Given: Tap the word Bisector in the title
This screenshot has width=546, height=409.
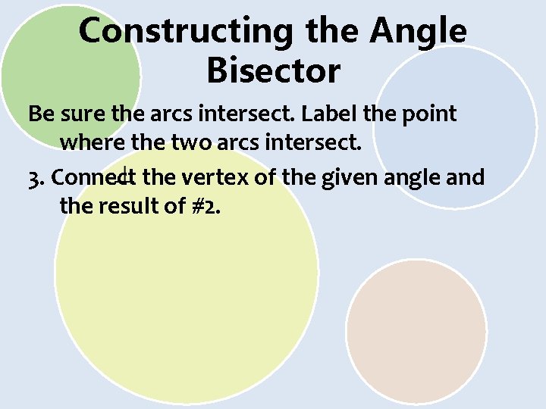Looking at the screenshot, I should [273, 71].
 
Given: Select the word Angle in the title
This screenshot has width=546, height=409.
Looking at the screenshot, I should [418, 32].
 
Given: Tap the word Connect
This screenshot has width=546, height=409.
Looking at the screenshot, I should [95, 178].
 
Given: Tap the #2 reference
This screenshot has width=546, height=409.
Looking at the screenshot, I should [206, 205].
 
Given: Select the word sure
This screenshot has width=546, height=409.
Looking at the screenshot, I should [83, 114].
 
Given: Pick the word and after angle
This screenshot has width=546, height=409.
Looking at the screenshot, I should [466, 178].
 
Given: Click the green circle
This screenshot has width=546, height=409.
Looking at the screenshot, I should [45, 53].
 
